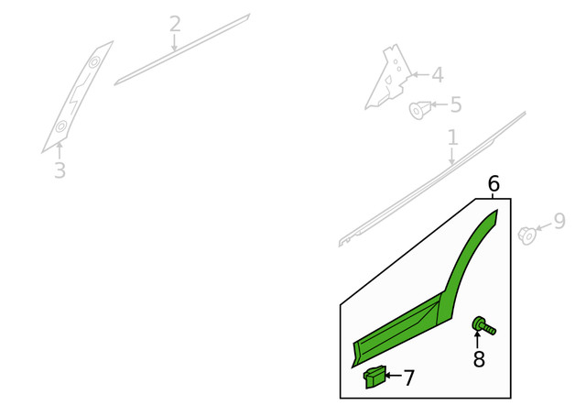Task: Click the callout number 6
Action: [x=494, y=184]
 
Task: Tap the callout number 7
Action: [x=408, y=377]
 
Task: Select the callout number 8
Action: [x=479, y=359]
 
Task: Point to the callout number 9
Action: [x=559, y=222]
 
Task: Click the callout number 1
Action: [x=452, y=137]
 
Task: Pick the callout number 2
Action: [x=175, y=25]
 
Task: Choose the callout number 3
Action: [x=60, y=170]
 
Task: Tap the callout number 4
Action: [x=437, y=75]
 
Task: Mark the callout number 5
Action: [x=455, y=105]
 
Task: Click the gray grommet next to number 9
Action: [x=526, y=235]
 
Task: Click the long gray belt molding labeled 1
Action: [x=430, y=180]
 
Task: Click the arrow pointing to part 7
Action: [x=393, y=376]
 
